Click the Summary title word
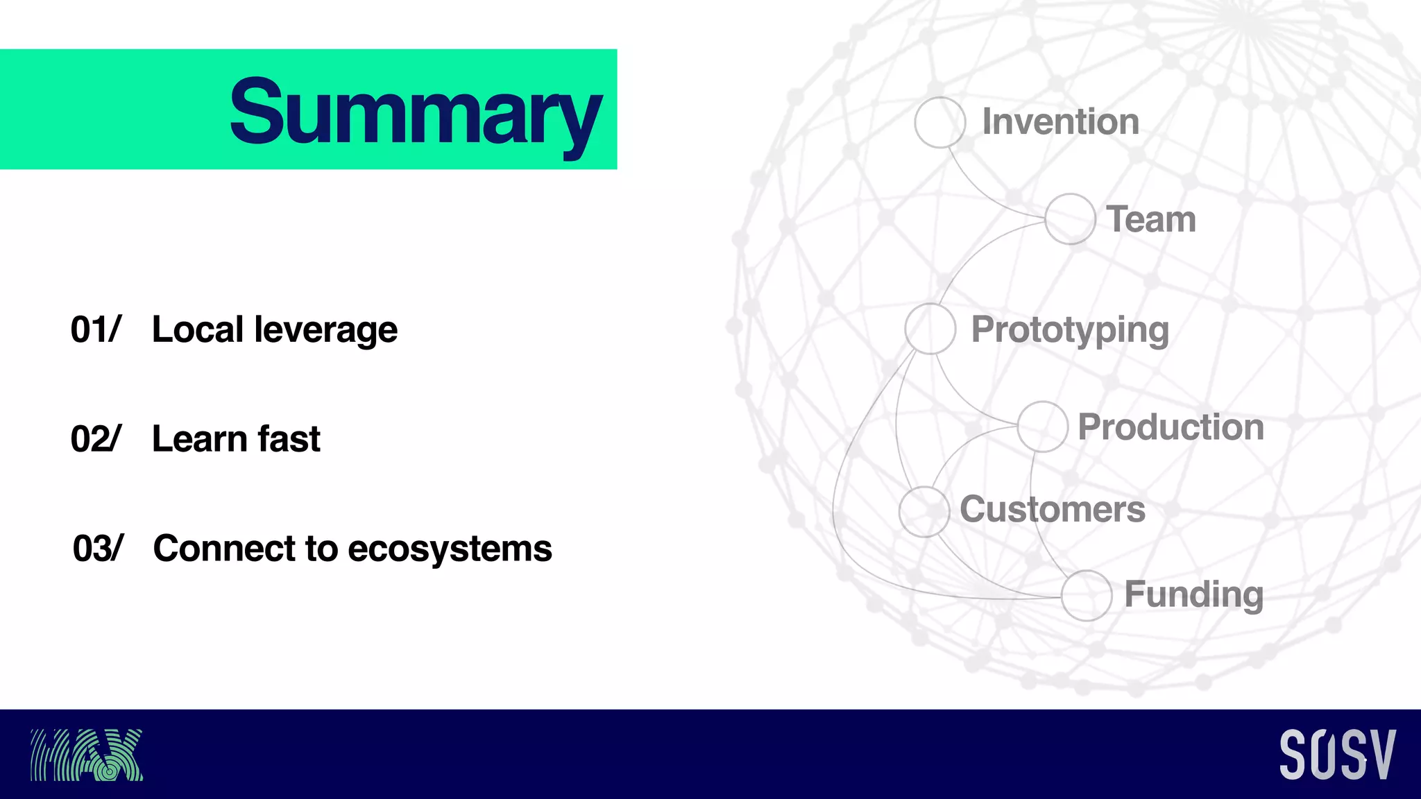point(415,112)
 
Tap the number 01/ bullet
point(96,329)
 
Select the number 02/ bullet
point(96,439)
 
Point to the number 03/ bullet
point(98,549)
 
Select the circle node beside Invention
point(939,122)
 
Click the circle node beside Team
point(1070,218)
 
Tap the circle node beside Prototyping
point(930,329)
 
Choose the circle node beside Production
point(1042,427)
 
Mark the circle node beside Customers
point(924,511)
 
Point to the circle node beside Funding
point(1086,595)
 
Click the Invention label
point(1060,122)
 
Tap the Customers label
point(1052,510)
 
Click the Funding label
point(1193,595)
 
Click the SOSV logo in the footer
point(1337,755)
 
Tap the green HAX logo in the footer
point(87,755)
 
